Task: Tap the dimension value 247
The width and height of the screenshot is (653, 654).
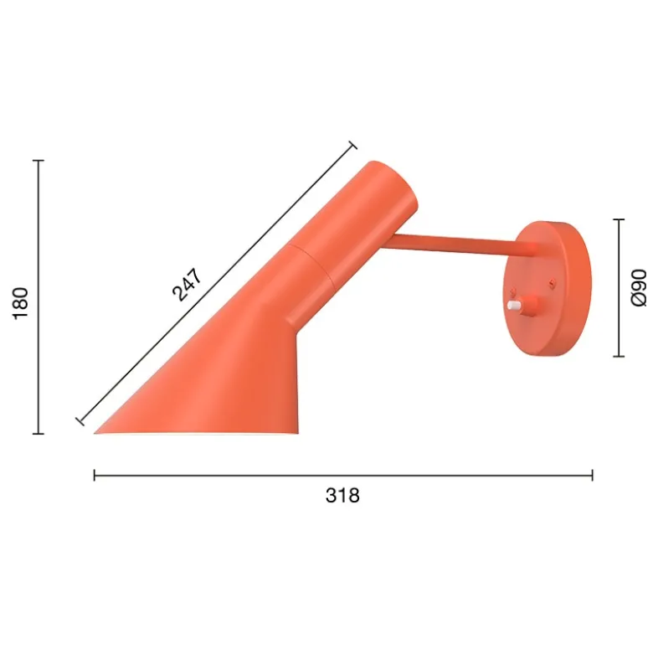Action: click(x=188, y=285)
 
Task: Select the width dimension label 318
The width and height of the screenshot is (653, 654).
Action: click(x=342, y=496)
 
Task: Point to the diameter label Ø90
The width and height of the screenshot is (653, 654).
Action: click(x=639, y=288)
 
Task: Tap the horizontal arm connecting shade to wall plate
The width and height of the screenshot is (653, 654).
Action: click(x=452, y=245)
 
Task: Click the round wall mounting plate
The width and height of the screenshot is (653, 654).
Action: click(x=548, y=289)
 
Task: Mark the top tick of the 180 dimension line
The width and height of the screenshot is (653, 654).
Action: click(x=39, y=160)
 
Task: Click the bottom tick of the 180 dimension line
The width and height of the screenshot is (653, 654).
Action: click(x=39, y=434)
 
